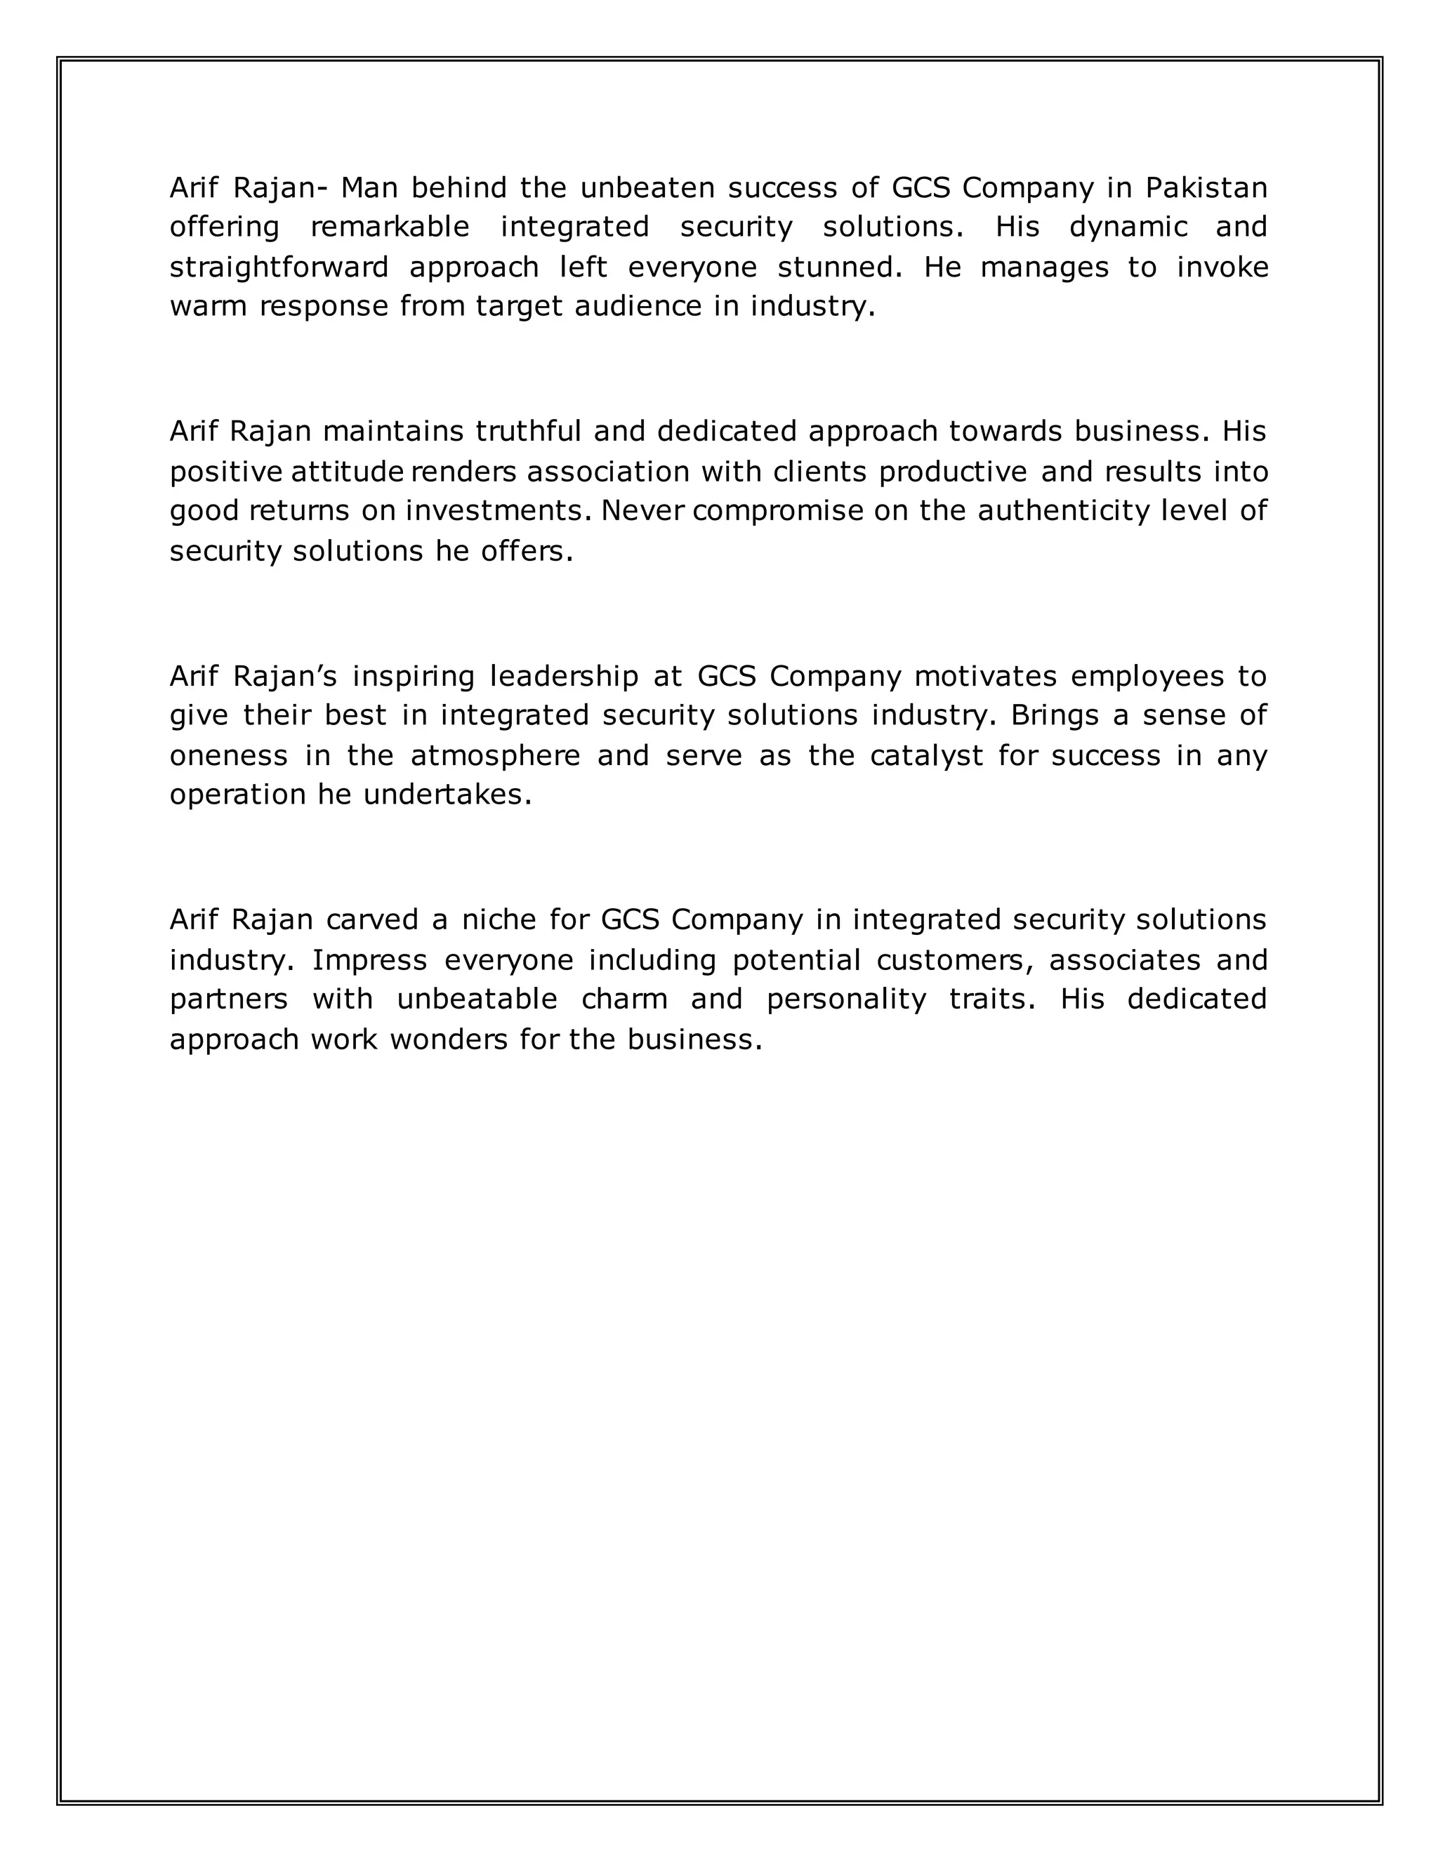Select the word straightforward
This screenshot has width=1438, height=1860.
(279, 267)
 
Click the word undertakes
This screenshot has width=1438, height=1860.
(447, 795)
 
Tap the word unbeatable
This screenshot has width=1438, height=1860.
(477, 999)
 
